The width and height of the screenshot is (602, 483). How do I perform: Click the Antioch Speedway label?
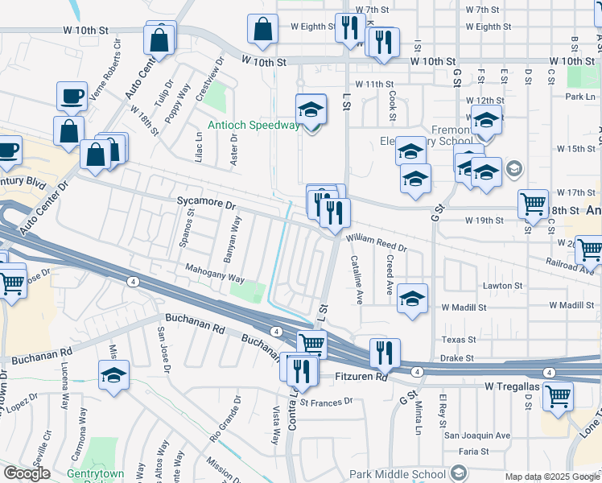[254, 125]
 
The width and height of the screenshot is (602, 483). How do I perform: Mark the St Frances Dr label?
[326, 401]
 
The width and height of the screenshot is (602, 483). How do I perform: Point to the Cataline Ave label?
[355, 280]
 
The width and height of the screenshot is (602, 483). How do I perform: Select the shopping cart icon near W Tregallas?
[558, 395]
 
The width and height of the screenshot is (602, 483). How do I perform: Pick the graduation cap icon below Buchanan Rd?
[114, 374]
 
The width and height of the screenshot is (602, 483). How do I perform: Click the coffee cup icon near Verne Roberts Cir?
[72, 96]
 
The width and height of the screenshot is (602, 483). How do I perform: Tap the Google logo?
[27, 473]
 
